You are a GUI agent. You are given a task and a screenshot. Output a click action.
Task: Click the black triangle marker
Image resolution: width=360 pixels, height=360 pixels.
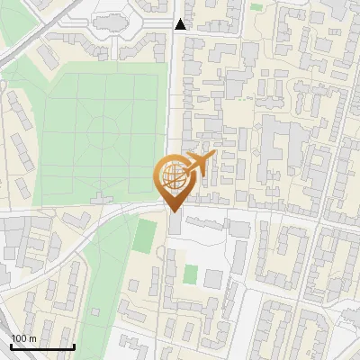(181, 24)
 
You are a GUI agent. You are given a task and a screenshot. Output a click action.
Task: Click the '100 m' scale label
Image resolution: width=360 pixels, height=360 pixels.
(23, 338)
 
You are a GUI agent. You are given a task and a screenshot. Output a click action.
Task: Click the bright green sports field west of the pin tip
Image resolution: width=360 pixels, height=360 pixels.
(144, 237)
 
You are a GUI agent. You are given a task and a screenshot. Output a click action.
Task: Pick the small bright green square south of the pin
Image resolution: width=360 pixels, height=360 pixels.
(190, 273)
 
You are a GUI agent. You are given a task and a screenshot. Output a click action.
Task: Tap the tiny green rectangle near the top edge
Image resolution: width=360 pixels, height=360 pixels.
(256, 6)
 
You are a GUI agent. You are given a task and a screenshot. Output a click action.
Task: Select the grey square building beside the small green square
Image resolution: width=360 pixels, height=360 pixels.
(211, 278)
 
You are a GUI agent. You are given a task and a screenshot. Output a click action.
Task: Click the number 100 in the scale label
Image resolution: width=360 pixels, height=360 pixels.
(19, 338)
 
